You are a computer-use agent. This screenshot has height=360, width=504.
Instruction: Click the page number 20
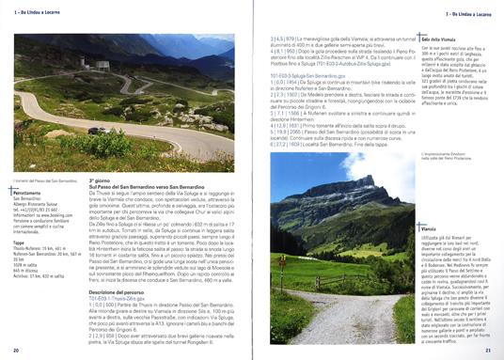16,352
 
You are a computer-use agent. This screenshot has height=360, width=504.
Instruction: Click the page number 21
489,352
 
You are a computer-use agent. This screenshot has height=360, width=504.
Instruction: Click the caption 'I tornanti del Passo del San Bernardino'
45,152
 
